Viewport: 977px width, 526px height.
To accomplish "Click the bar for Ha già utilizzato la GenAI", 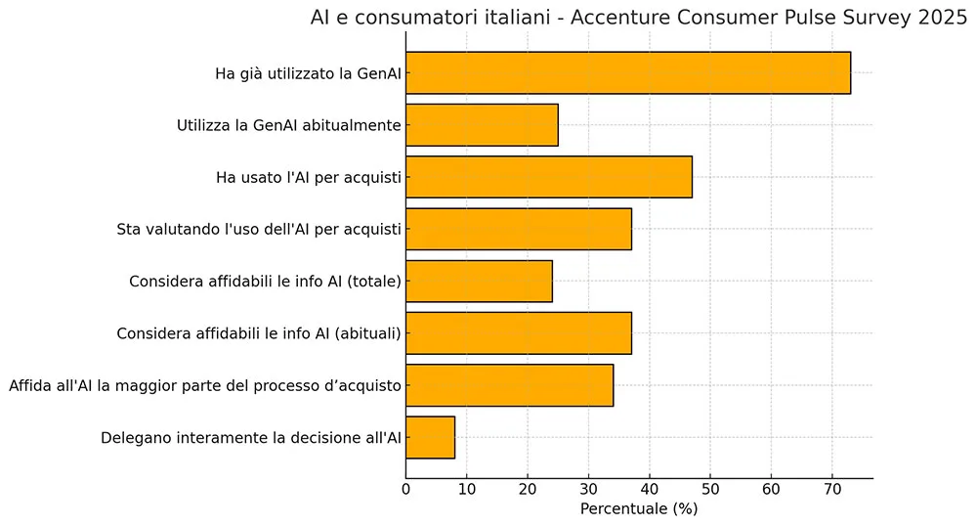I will [627, 73].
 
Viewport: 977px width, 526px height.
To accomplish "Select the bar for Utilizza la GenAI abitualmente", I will [482, 125].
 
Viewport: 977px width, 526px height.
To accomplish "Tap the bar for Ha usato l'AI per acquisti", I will [548, 177].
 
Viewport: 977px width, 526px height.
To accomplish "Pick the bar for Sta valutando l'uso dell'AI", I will [518, 229].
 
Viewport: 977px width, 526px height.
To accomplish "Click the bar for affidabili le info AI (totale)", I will [479, 282].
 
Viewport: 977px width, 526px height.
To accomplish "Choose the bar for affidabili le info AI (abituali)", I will [518, 333].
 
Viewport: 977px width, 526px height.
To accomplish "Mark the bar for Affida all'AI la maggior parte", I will [509, 385].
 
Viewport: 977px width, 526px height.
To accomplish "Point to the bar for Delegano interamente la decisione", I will [430, 437].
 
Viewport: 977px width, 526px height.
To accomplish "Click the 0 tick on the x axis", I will [406, 489].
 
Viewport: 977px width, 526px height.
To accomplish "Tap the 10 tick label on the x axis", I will [467, 489].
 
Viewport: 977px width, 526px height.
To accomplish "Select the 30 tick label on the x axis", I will [589, 489].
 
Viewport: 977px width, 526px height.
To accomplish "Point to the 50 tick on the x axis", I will [710, 489].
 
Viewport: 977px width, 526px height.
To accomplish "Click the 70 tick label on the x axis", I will [832, 489].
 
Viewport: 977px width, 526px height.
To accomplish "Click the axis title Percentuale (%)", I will [639, 509].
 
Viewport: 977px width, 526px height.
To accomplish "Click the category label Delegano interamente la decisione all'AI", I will [251, 438].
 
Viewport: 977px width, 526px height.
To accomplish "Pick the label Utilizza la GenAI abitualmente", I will [289, 125].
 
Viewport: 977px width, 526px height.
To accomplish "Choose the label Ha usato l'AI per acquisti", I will [308, 178].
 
